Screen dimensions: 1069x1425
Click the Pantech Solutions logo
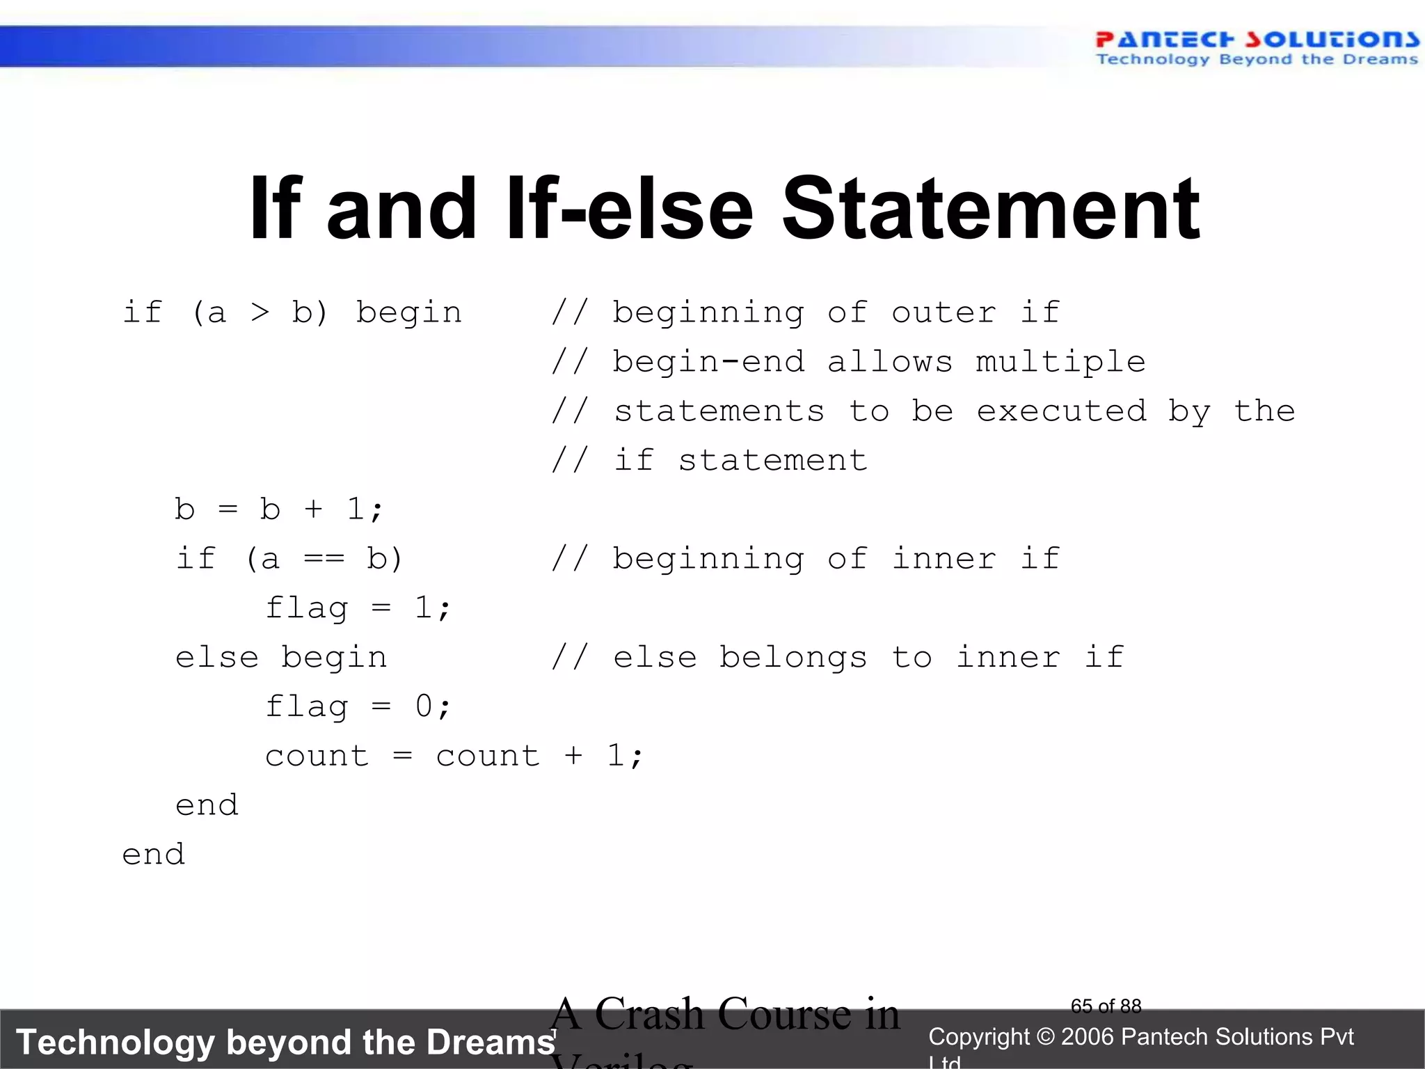click(x=1257, y=47)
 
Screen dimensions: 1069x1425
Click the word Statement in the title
click(x=991, y=209)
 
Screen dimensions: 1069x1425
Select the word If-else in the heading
click(x=630, y=209)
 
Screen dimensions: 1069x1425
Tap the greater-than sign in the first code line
click(x=260, y=312)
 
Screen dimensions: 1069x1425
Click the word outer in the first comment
click(x=944, y=312)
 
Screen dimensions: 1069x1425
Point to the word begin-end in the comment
click(x=708, y=362)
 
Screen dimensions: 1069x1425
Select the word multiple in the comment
click(x=1060, y=362)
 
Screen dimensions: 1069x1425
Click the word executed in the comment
click(x=1062, y=411)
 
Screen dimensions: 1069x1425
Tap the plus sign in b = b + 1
click(x=313, y=509)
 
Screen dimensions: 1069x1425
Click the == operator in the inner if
click(x=324, y=559)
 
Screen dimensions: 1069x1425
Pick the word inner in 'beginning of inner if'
click(x=944, y=559)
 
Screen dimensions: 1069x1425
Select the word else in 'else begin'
click(x=216, y=658)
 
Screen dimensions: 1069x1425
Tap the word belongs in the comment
click(x=793, y=658)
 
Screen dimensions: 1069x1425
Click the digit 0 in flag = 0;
click(x=424, y=707)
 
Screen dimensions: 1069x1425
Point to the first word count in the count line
click(x=317, y=757)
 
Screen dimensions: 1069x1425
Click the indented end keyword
click(x=207, y=806)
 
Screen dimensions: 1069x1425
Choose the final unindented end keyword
click(x=154, y=855)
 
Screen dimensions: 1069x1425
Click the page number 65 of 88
click(x=1106, y=1006)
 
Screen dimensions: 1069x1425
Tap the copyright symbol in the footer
click(x=1045, y=1037)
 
